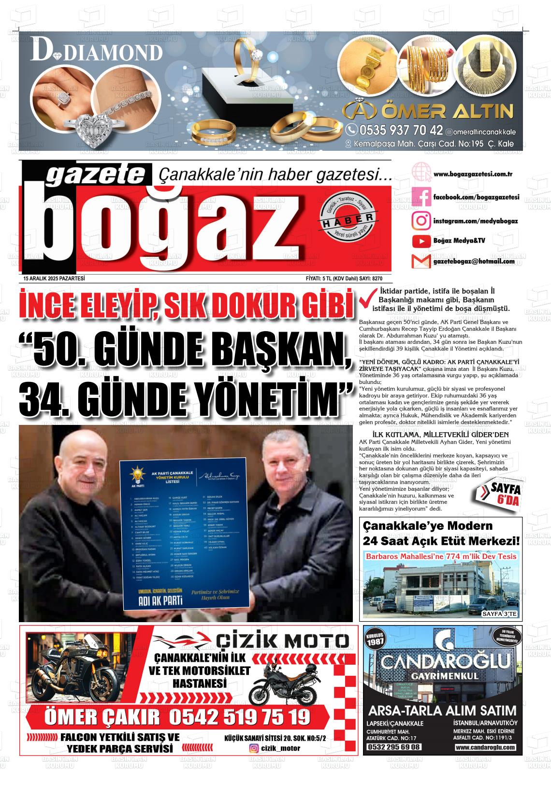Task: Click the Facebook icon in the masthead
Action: pyautogui.click(x=421, y=197)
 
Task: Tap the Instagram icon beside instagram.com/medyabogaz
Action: pyautogui.click(x=421, y=221)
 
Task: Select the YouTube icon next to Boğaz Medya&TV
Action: pyautogui.click(x=421, y=241)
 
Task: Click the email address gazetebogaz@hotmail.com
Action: pyautogui.click(x=474, y=262)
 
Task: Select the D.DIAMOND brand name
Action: pyautogui.click(x=97, y=52)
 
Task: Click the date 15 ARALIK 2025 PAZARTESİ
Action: pyautogui.click(x=54, y=278)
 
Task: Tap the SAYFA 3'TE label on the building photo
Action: pyautogui.click(x=499, y=614)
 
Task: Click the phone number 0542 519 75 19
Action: pyautogui.click(x=239, y=716)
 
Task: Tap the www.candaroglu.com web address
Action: pyautogui.click(x=485, y=747)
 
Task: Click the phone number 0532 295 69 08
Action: pyautogui.click(x=394, y=747)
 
